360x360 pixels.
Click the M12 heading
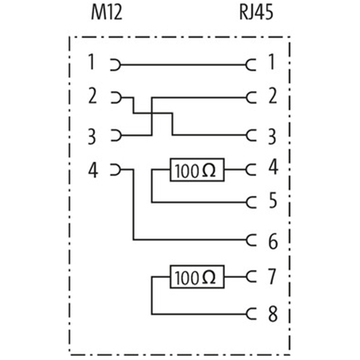[107, 13]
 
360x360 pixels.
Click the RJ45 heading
[256, 13]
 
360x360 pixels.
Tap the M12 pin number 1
[92, 62]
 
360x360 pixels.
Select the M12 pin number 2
[93, 96]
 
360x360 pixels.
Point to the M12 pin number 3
[92, 137]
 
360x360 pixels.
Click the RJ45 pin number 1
[272, 62]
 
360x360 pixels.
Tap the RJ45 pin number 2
[273, 96]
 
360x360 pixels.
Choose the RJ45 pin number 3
[272, 137]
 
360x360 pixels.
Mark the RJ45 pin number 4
[274, 166]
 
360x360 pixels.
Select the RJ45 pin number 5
[273, 200]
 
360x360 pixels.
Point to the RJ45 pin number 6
[273, 242]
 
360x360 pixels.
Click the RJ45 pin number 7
[272, 276]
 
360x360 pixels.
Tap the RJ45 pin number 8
[273, 314]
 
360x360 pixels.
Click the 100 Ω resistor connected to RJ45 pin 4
[197, 170]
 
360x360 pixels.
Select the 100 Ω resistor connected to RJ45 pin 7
[197, 277]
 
